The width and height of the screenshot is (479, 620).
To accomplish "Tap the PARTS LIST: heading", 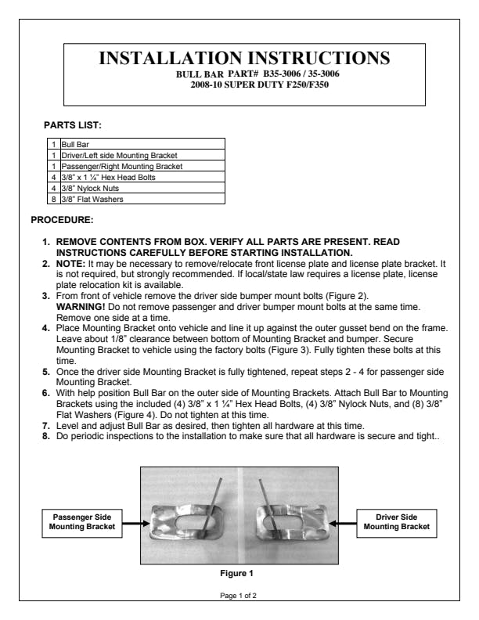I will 73,124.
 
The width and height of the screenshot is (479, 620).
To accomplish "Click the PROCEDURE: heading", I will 62,219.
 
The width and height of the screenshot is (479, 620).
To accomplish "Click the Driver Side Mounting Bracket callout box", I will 397,522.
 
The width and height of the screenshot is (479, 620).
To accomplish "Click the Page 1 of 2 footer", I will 239,596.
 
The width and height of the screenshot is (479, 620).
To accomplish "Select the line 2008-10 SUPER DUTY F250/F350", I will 246,83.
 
